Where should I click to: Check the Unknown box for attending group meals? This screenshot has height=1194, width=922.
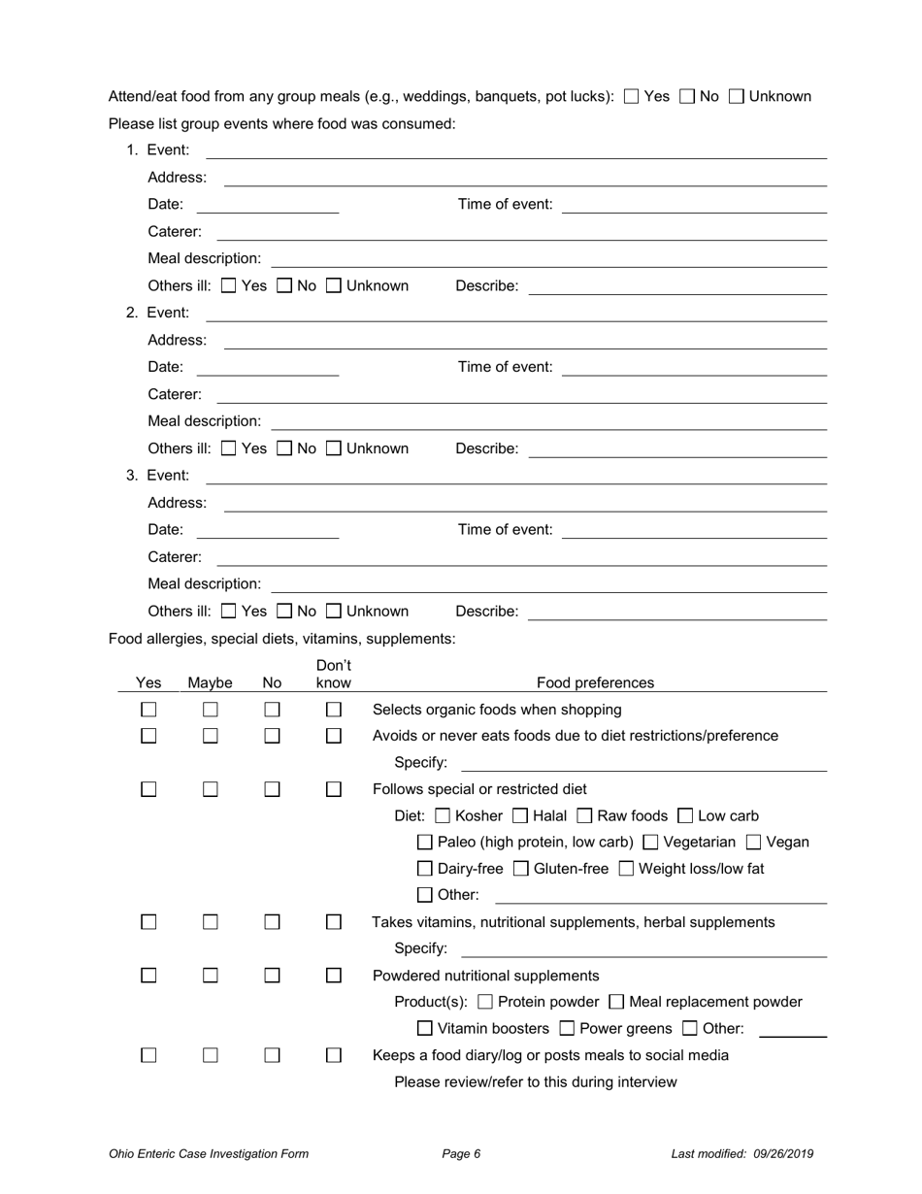[x=736, y=96]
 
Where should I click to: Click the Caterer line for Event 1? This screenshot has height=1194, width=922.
[x=520, y=233]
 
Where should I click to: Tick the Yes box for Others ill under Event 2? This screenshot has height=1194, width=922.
[x=229, y=448]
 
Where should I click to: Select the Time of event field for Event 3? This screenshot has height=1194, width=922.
[x=694, y=530]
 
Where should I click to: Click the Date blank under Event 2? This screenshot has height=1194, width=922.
[x=267, y=368]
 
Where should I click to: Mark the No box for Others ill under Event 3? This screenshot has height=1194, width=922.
[x=284, y=612]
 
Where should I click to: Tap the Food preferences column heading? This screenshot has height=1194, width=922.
[x=595, y=682]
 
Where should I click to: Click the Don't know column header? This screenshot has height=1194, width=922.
[x=334, y=674]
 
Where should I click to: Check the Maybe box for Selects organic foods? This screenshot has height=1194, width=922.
[x=211, y=710]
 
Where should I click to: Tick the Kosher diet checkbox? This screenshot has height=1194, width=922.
[x=444, y=816]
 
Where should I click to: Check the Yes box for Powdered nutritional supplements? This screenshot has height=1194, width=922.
[x=148, y=976]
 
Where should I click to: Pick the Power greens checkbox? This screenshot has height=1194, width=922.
[x=568, y=1029]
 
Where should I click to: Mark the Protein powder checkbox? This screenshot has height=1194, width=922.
[x=486, y=1002]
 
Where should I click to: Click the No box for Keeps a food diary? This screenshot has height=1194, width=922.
[x=273, y=1055]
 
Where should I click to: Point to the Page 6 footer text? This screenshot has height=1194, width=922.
[x=461, y=1154]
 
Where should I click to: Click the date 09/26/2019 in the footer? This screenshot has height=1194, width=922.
[x=781, y=1154]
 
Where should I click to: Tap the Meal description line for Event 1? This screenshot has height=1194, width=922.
[x=548, y=260]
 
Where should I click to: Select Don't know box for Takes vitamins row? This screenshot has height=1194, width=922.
[x=334, y=922]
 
